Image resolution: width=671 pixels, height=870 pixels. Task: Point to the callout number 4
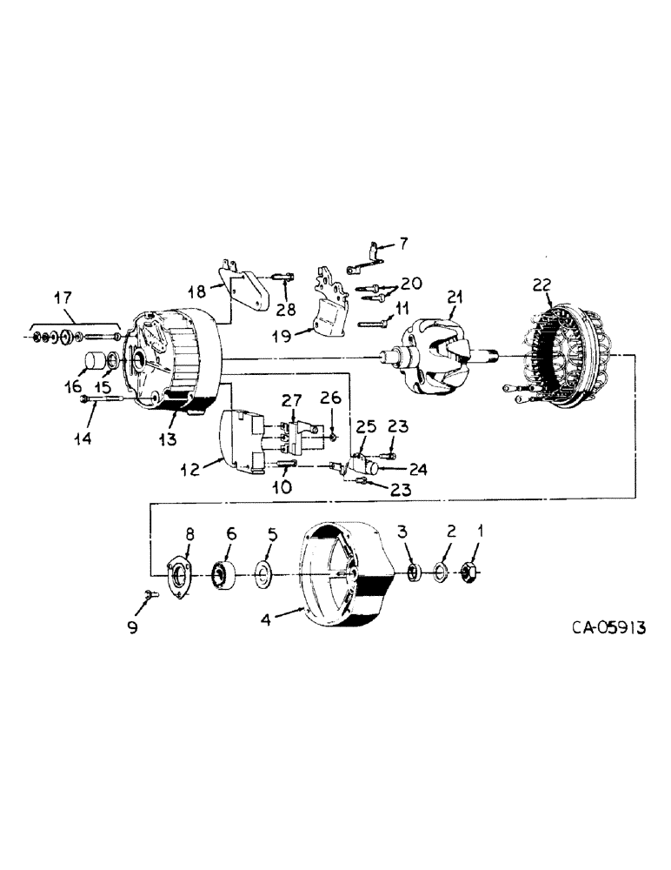(x=268, y=620)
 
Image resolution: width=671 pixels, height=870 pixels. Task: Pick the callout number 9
(x=133, y=627)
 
